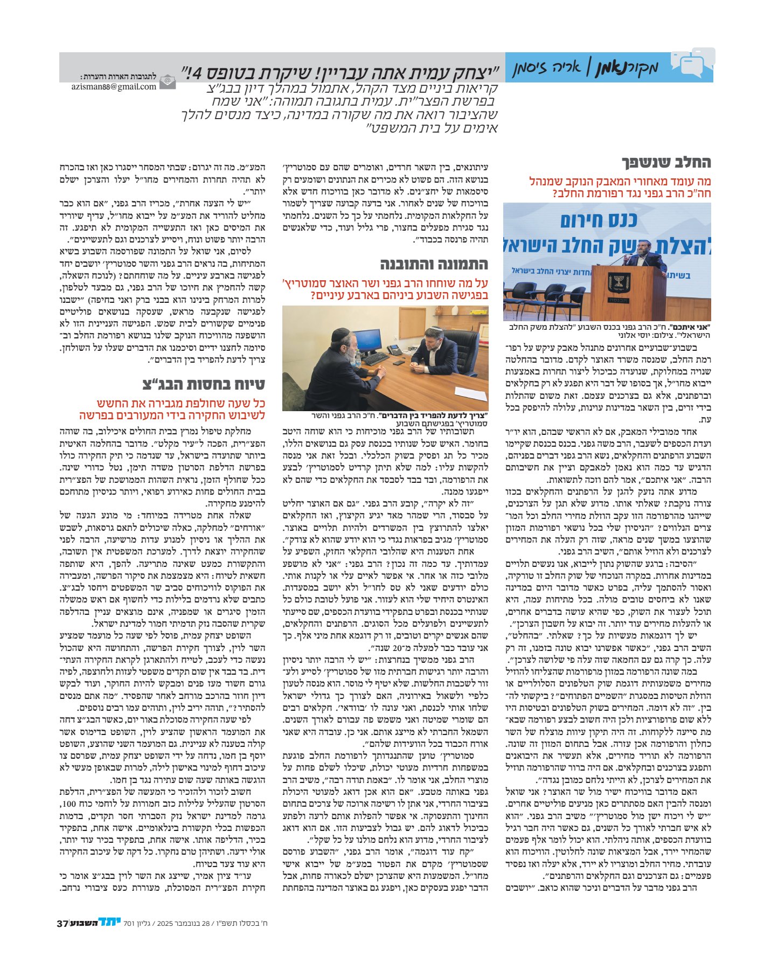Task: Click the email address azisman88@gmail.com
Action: click(113, 86)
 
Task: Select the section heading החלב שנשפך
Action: click(666, 162)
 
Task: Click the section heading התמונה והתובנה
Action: click(434, 265)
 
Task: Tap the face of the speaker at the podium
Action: click(644, 247)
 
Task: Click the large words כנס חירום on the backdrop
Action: click(598, 220)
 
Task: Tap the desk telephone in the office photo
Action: click(395, 349)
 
